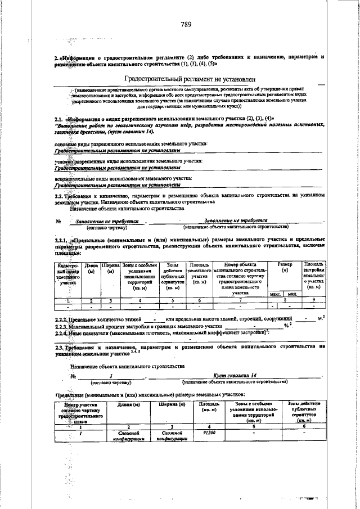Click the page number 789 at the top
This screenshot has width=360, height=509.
(x=186, y=24)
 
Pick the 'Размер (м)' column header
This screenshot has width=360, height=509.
(x=285, y=268)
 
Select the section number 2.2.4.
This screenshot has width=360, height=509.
(x=62, y=333)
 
